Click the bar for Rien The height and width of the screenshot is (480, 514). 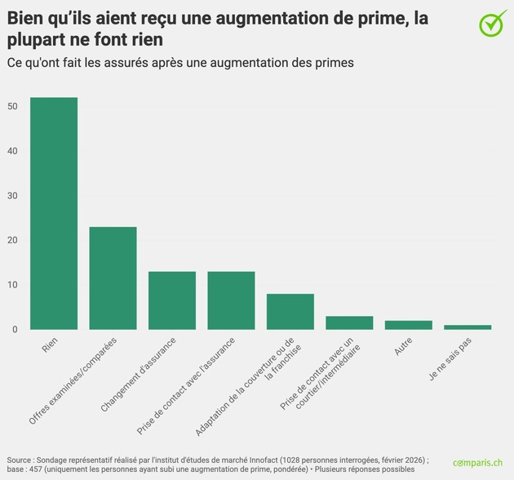click(x=54, y=214)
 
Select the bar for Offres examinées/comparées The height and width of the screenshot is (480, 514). click(x=113, y=278)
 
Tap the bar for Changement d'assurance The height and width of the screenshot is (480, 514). click(x=172, y=300)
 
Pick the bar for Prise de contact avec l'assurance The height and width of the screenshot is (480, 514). click(x=231, y=300)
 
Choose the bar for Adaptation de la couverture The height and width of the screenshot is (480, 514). click(x=290, y=312)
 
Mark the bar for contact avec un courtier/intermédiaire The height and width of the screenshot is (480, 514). click(x=349, y=323)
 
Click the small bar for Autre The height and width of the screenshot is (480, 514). click(x=409, y=325)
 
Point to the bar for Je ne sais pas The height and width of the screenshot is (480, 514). click(x=467, y=327)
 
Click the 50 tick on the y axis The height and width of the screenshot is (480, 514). click(x=13, y=107)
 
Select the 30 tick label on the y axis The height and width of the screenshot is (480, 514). click(x=13, y=196)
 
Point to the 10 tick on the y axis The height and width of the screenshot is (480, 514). click(x=13, y=285)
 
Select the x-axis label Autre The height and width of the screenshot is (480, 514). click(x=403, y=347)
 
